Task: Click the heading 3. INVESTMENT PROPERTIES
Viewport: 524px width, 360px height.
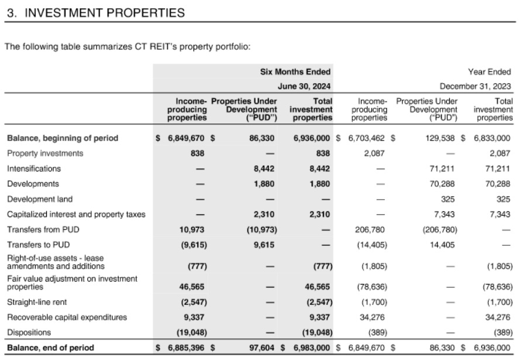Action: point(96,12)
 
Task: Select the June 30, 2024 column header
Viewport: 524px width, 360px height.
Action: point(304,86)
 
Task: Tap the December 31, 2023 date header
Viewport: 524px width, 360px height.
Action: point(475,86)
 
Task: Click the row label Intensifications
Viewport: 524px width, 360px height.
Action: point(34,169)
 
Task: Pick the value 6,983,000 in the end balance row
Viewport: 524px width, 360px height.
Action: point(313,348)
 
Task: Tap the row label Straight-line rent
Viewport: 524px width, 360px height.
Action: point(37,302)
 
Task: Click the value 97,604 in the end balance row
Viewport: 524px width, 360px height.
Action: point(263,348)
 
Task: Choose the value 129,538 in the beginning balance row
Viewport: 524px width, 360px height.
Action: point(442,138)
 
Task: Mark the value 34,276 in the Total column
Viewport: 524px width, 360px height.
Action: point(498,317)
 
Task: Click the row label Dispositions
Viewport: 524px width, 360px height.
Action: point(29,332)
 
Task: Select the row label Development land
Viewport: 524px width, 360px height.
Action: point(40,199)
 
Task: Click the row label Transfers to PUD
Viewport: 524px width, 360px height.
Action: point(37,245)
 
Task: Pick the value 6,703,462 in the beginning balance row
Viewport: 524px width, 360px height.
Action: point(368,138)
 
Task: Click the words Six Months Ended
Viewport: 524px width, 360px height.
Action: point(295,72)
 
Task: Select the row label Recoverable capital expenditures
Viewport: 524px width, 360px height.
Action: point(67,317)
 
